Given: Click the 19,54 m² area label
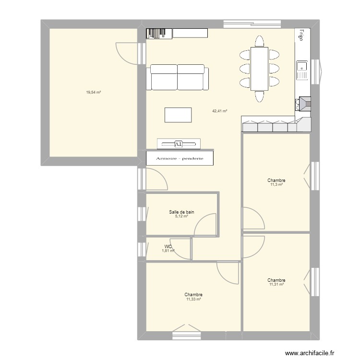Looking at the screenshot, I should [x=93, y=92].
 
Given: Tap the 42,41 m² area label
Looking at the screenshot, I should [x=219, y=111].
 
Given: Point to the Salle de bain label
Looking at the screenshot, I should [x=181, y=212].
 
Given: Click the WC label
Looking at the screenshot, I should [x=168, y=246].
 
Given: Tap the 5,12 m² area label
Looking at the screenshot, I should [x=181, y=216].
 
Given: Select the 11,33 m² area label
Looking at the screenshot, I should [x=193, y=299].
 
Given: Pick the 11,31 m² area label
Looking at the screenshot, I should [x=276, y=285].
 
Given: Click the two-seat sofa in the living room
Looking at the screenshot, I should [x=178, y=77].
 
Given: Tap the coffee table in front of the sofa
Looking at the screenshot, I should [x=178, y=115].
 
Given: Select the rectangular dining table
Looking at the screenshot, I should [x=259, y=69].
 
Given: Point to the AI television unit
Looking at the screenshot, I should [x=179, y=144].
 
